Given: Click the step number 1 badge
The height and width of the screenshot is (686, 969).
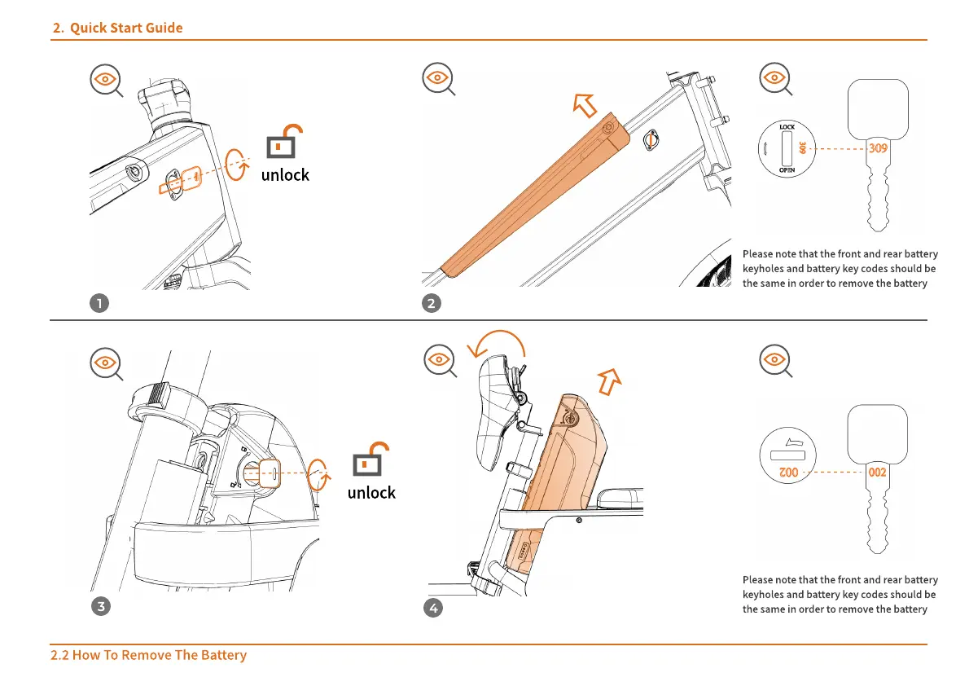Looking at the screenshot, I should coord(99,303).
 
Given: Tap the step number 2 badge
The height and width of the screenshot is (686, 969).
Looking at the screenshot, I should coord(432,303).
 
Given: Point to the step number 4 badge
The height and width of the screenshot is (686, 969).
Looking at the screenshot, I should coord(433,608).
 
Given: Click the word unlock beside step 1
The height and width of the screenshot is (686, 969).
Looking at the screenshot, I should coord(285,174).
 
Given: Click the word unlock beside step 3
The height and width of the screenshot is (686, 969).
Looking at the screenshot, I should coord(371,493).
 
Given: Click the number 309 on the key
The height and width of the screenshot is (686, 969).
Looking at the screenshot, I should coord(877,149).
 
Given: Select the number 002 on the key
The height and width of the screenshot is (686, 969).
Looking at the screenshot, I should coord(877,472).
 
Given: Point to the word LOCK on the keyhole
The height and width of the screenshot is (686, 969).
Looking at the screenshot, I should coord(787,127).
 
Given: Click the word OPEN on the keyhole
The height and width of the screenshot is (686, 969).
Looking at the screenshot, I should coord(787,170).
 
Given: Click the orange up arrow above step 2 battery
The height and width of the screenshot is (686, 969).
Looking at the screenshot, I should coord(584,104).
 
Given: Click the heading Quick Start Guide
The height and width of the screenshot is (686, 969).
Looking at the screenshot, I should coord(125,28).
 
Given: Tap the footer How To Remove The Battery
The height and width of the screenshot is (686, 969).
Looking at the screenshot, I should coord(148,655).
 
